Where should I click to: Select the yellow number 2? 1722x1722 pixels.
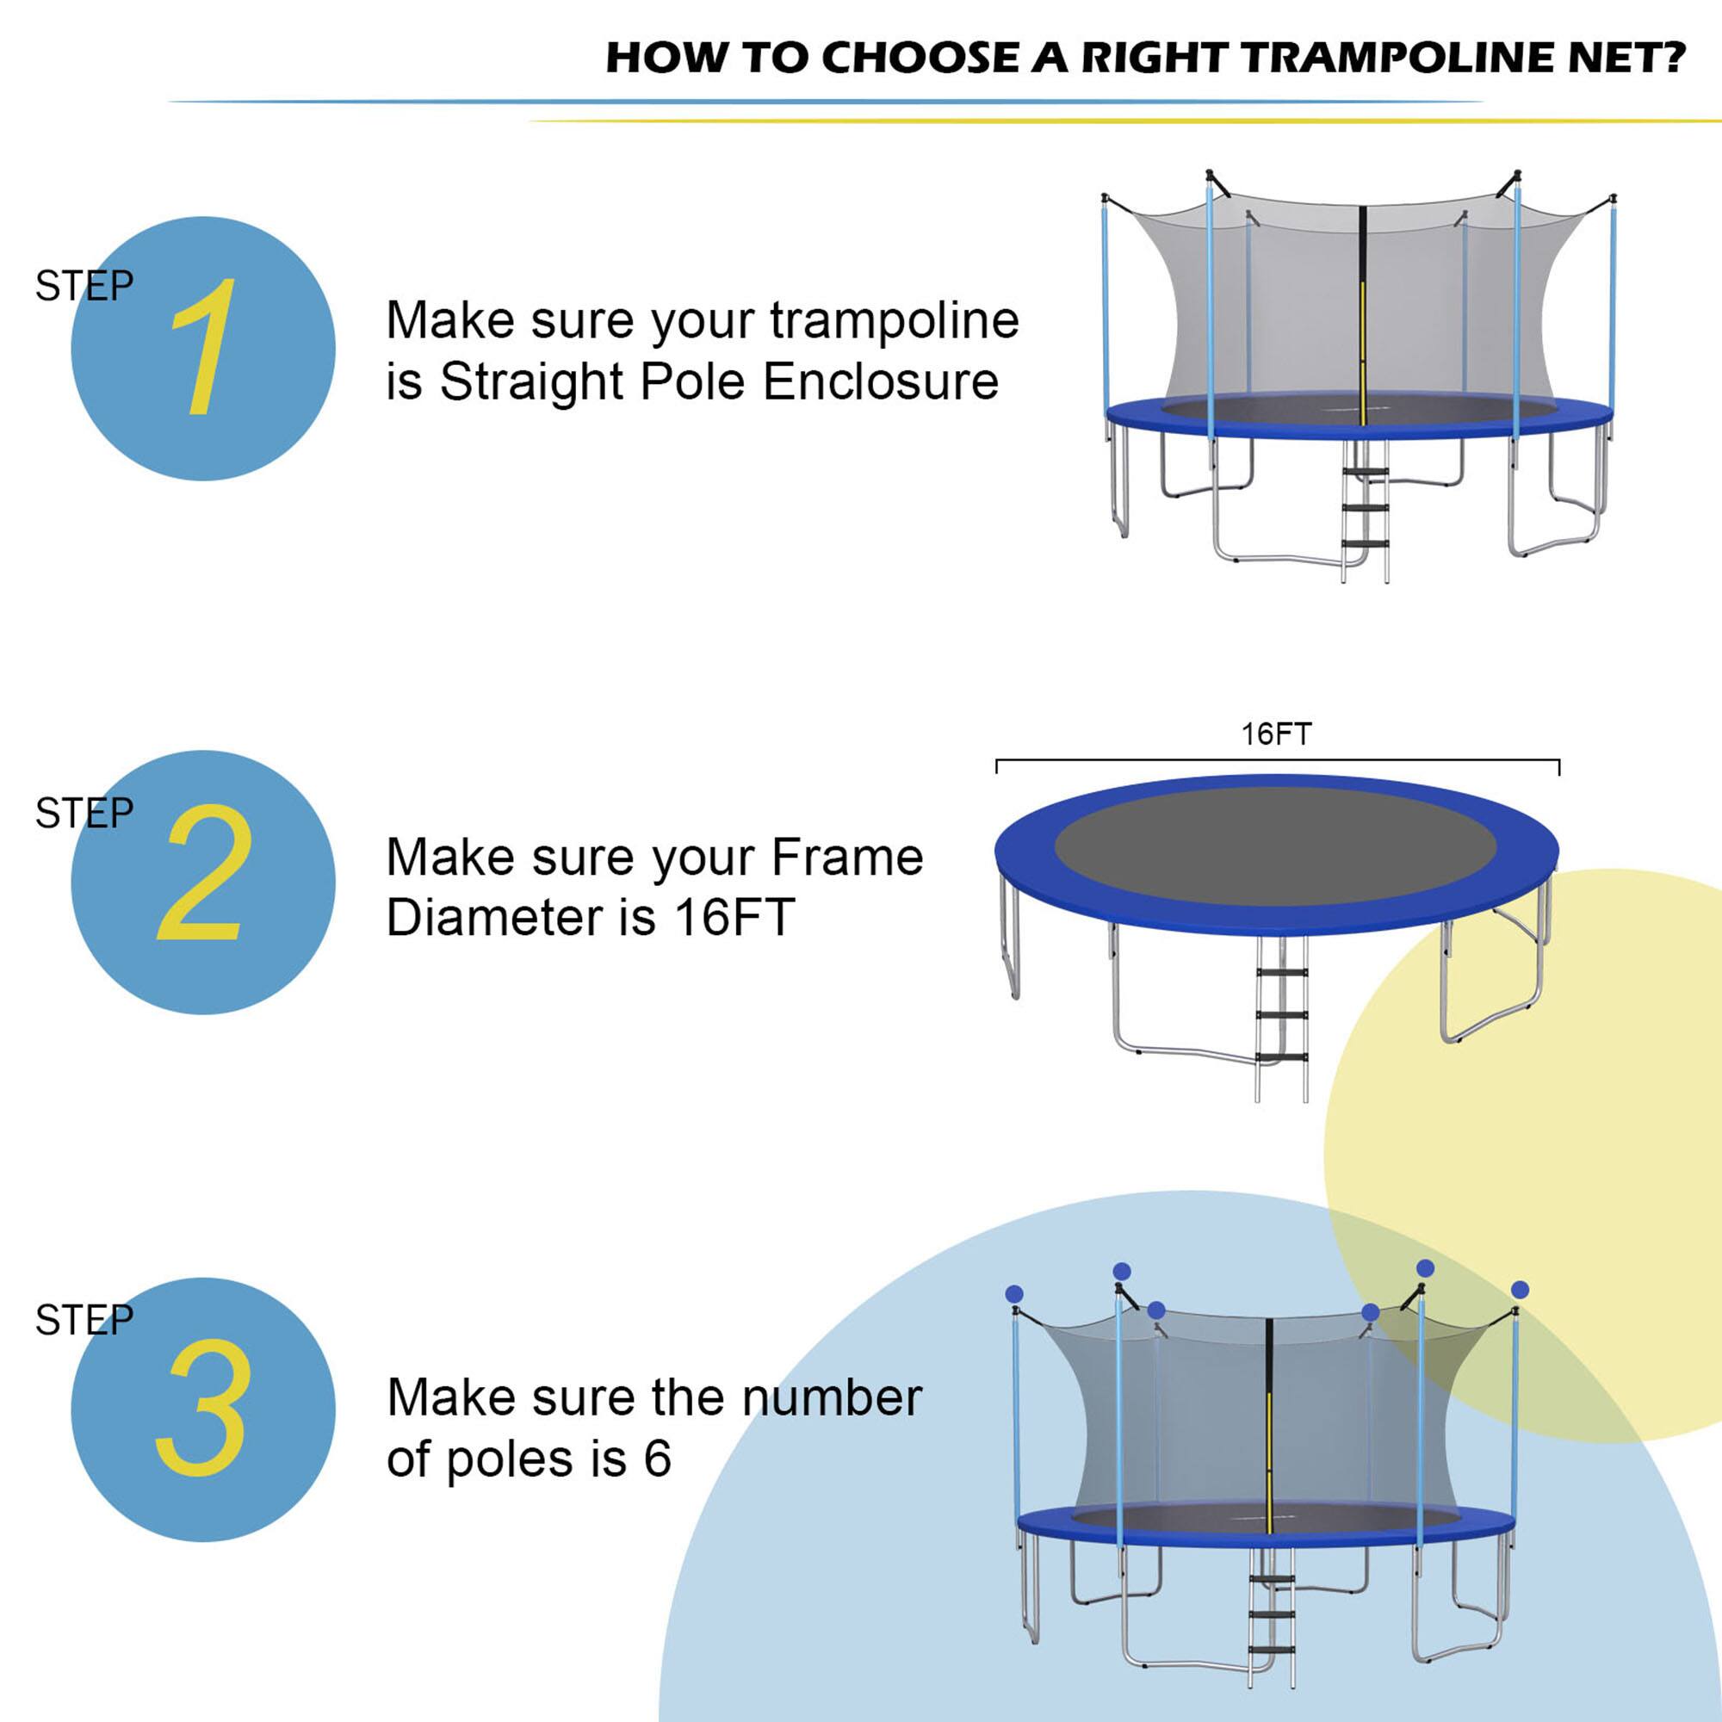click(203, 873)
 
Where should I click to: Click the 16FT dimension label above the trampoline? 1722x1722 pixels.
click(1275, 734)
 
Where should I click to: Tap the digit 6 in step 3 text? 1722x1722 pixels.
click(657, 1459)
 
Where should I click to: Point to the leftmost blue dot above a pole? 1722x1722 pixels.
click(1013, 1293)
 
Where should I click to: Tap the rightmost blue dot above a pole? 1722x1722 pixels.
click(1521, 1290)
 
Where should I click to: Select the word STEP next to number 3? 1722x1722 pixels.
click(84, 1320)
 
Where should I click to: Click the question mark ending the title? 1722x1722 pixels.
click(1673, 58)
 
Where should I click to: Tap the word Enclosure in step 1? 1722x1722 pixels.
click(881, 382)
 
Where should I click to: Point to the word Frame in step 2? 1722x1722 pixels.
click(846, 858)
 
